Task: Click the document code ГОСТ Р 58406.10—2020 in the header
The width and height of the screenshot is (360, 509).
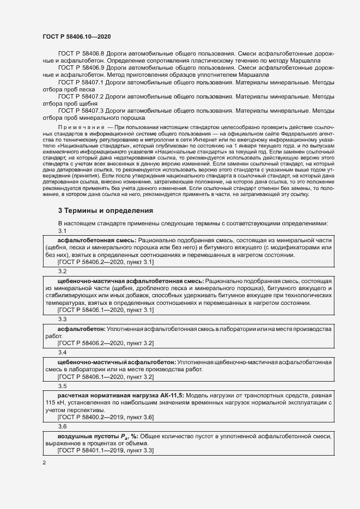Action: [x=77, y=36]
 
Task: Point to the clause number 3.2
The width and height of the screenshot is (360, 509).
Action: [x=62, y=271]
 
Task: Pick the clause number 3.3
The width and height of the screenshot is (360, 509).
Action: [x=62, y=319]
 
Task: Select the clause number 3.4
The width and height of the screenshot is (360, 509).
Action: [x=62, y=353]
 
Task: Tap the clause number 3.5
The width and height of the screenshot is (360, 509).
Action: [x=62, y=386]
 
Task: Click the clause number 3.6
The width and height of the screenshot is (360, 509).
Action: [x=62, y=427]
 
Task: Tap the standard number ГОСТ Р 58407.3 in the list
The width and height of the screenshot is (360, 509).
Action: [x=81, y=110]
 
